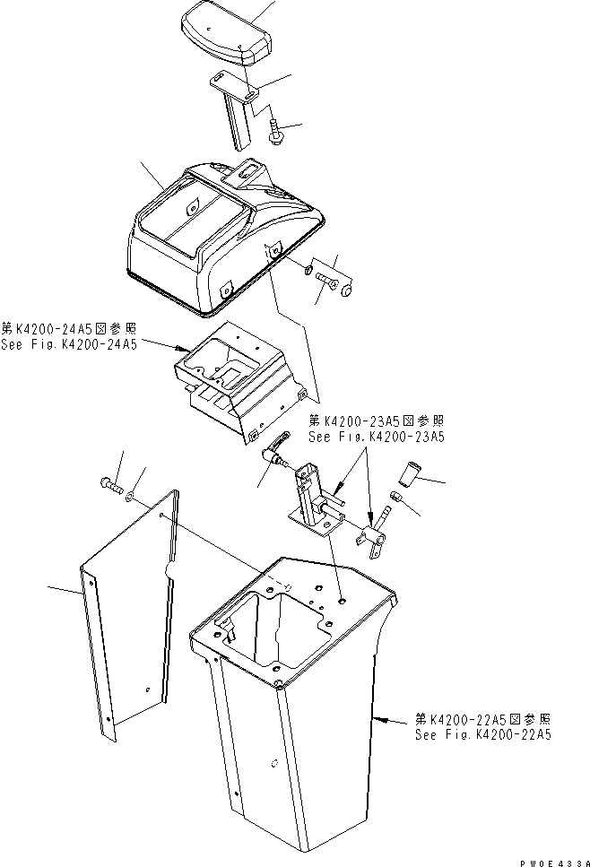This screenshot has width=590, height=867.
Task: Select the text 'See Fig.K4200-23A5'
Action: pyautogui.click(x=377, y=438)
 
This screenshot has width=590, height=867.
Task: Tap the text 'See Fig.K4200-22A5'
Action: pyautogui.click(x=482, y=734)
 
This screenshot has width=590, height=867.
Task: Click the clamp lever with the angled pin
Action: pyautogui.click(x=375, y=530)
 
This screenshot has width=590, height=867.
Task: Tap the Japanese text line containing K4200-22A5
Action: pyautogui.click(x=482, y=719)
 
